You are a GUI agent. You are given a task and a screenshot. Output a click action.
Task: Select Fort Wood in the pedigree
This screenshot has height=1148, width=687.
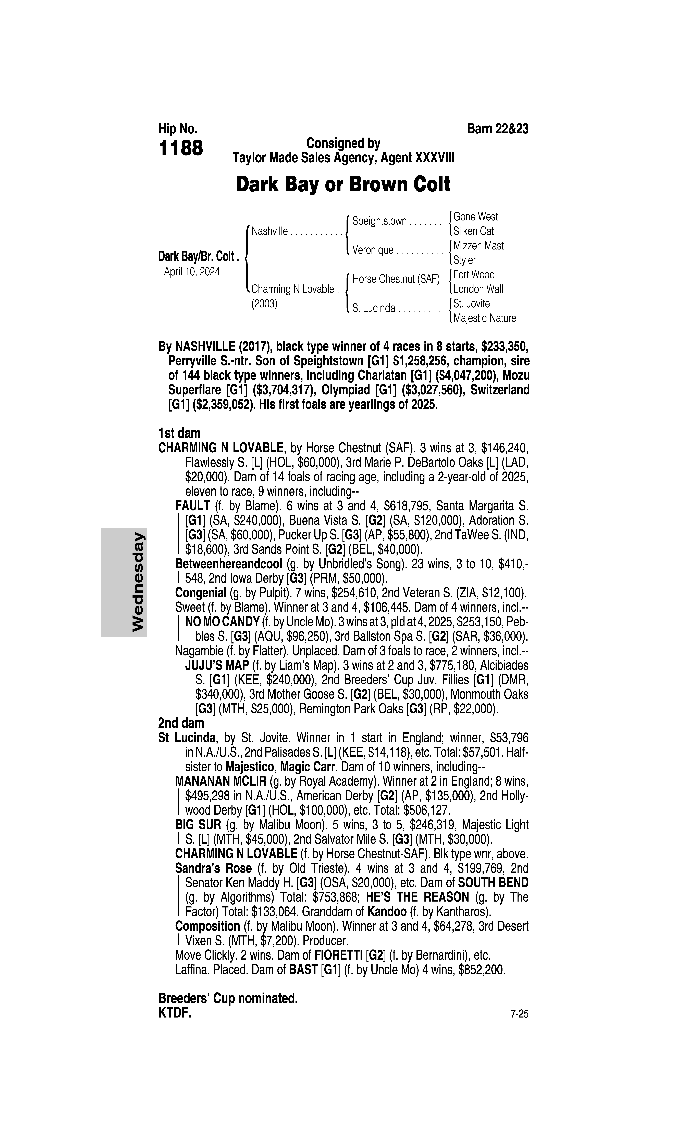point(474,275)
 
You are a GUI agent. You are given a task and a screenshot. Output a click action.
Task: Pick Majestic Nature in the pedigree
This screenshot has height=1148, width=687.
point(484,318)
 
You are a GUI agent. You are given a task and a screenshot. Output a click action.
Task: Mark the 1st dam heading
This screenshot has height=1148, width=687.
point(179,433)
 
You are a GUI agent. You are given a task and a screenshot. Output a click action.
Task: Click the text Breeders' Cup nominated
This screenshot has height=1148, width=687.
point(228,999)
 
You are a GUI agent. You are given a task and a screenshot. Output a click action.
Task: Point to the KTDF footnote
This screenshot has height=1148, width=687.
point(175,1013)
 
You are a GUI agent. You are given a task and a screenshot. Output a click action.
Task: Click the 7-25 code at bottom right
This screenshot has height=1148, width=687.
point(519,1014)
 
